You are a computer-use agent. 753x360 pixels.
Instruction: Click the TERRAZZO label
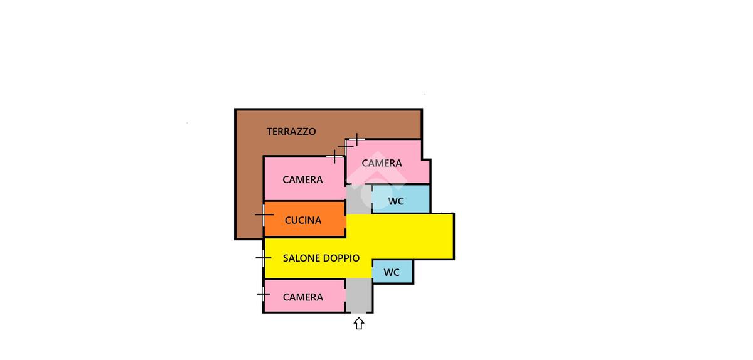tap(291, 132)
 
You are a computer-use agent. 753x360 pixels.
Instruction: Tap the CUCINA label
tap(303, 220)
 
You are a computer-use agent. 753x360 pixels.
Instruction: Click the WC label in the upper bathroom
tap(396, 201)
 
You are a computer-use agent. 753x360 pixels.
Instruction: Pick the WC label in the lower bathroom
tap(392, 273)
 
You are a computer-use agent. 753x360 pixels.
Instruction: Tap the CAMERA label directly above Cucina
tap(302, 179)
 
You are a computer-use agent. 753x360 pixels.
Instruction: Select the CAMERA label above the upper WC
tap(382, 163)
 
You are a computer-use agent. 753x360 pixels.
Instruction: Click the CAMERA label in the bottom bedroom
tap(303, 297)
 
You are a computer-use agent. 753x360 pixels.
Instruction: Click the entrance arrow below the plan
tap(359, 324)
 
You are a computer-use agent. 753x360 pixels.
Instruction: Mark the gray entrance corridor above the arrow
tap(359, 295)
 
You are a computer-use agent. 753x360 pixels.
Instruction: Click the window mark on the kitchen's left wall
tap(264, 215)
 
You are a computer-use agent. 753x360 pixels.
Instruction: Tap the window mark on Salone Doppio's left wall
tap(264, 257)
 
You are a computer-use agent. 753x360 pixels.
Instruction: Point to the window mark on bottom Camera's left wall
tap(264, 294)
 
